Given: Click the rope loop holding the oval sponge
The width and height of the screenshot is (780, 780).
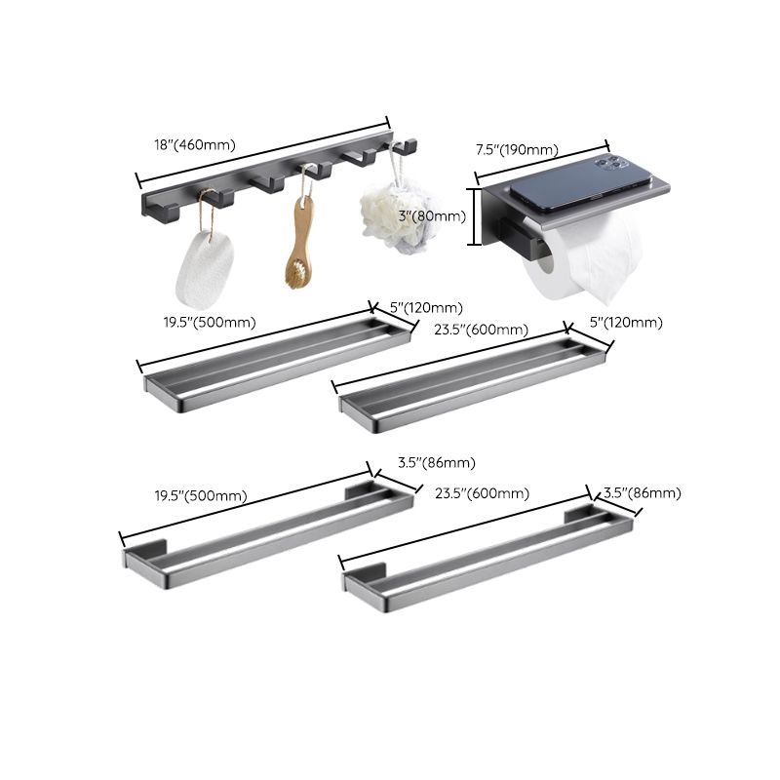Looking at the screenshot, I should tap(206, 209).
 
